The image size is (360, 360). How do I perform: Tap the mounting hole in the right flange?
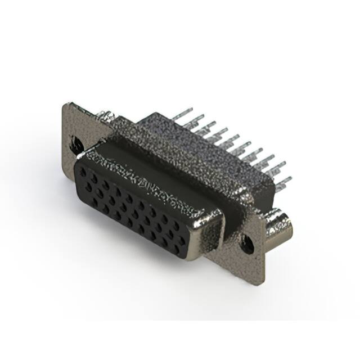[x=246, y=245]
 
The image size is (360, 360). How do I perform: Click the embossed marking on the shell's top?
[x=143, y=180]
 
